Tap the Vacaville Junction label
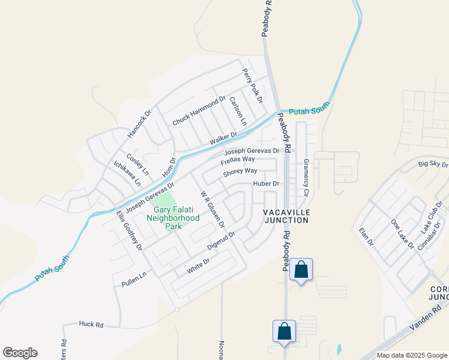click(286, 217)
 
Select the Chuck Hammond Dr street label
click(199, 111)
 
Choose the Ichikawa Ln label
click(127, 172)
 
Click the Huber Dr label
click(267, 184)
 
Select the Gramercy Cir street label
click(306, 178)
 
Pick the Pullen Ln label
click(134, 280)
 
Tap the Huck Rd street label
click(91, 325)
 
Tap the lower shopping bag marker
click(283, 331)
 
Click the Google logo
click(20, 353)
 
